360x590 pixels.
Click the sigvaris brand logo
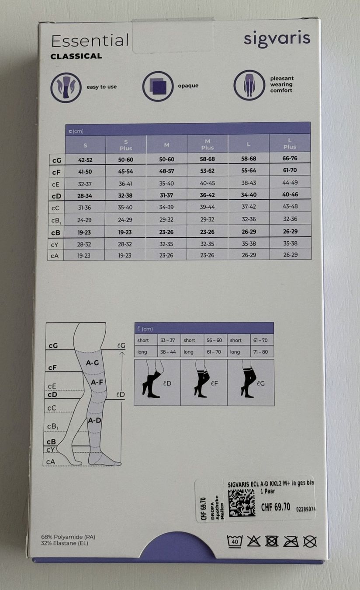tap(277, 39)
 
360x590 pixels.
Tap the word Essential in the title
tap(90, 41)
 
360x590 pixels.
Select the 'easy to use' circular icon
tap(66, 87)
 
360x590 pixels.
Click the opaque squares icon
tap(158, 87)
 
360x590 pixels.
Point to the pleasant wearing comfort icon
tap(249, 85)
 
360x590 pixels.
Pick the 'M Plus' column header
tap(207, 144)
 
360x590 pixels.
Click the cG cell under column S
tap(85, 160)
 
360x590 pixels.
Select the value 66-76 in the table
tap(290, 158)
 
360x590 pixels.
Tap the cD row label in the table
tap(56, 196)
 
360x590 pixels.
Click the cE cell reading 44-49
tap(290, 182)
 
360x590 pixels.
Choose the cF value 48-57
tap(166, 171)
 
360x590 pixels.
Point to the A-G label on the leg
tap(92, 363)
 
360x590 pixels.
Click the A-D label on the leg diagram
tap(94, 420)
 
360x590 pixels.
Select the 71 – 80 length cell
tap(260, 352)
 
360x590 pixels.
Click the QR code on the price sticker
tap(242, 503)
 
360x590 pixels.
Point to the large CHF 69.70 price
tap(276, 507)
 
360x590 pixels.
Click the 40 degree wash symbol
tap(234, 541)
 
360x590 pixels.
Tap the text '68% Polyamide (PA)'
tap(68, 537)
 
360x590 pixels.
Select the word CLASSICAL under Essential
tap(76, 56)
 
